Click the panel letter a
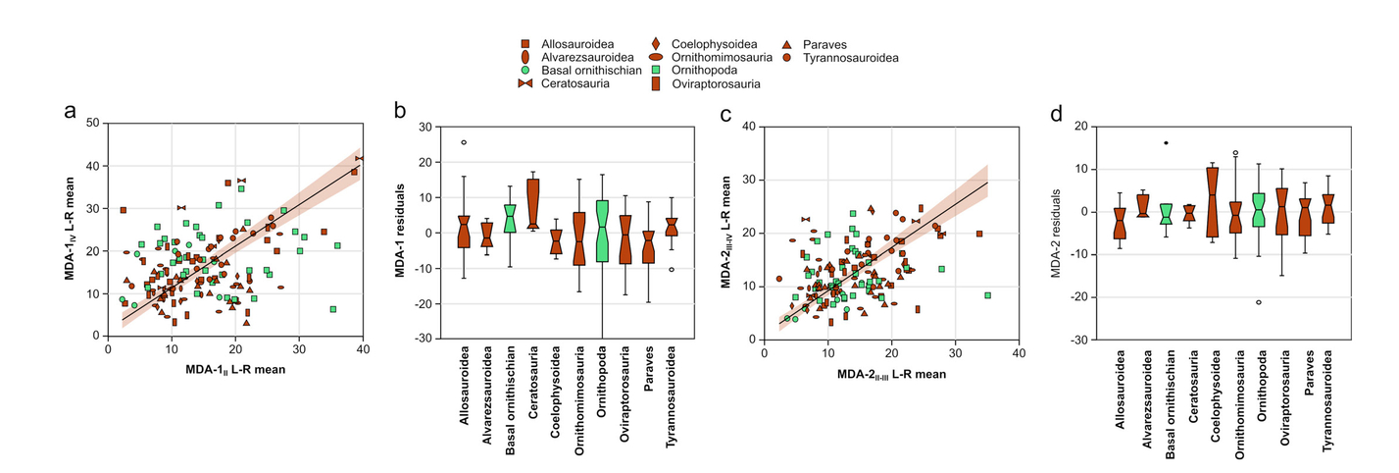coord(70,110)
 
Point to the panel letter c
coord(726,113)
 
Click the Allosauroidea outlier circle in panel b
coord(464,142)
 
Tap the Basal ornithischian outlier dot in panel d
coord(1166,143)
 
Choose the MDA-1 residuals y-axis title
coord(401,232)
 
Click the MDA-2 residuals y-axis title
coord(1057,232)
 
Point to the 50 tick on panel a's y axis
coord(93,123)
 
